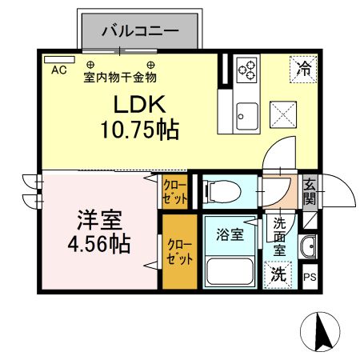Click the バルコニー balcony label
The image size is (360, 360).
coord(138,33)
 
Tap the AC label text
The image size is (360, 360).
coord(58,70)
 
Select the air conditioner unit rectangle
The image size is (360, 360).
coord(54,58)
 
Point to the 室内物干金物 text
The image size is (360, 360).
coord(120,77)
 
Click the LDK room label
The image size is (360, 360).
coord(137,104)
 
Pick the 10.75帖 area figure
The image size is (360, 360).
coord(138,127)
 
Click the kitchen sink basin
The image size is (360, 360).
coord(245,118)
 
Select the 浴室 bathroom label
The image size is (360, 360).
coord(230,234)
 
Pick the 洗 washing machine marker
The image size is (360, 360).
coord(278,274)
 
